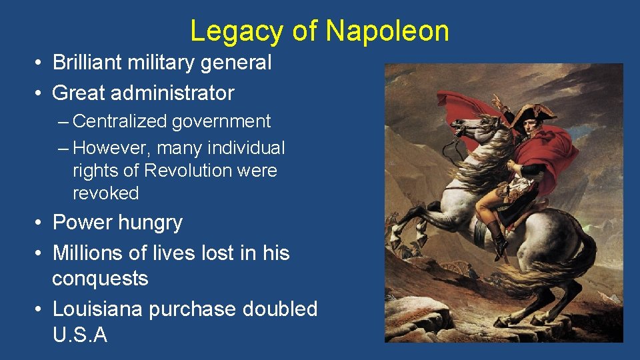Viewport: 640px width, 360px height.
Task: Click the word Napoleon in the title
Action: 387,31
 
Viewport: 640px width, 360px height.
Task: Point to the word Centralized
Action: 120,121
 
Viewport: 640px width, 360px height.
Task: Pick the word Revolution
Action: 187,170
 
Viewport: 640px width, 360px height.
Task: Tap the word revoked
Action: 106,193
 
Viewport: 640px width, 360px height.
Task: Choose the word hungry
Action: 148,222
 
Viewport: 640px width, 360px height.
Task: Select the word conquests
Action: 100,278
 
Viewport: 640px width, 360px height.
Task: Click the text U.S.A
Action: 79,335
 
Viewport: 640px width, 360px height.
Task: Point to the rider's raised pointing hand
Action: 497,101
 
